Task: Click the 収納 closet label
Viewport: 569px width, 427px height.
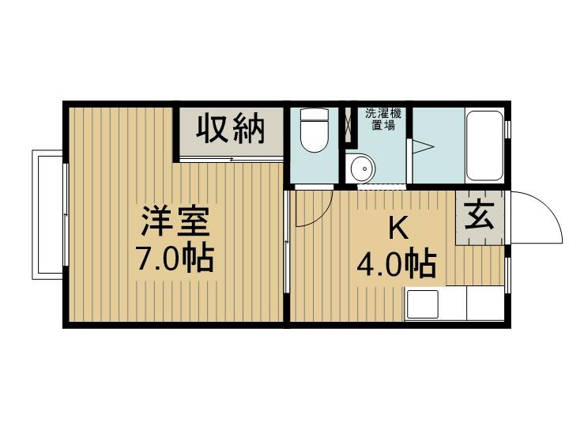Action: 231,128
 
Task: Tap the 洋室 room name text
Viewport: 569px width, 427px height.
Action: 175,221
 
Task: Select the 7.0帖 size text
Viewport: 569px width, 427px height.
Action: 175,259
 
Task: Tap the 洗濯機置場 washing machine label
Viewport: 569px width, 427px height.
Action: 383,119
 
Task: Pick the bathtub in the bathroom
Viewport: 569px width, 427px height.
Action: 484,145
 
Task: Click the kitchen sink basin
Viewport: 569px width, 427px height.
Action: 422,304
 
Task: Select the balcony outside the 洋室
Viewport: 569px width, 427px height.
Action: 47,214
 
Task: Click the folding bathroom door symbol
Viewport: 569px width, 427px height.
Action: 421,147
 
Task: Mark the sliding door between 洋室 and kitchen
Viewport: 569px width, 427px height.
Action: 286,241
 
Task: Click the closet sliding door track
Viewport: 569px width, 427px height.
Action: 231,160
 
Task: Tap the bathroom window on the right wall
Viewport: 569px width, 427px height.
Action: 508,128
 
